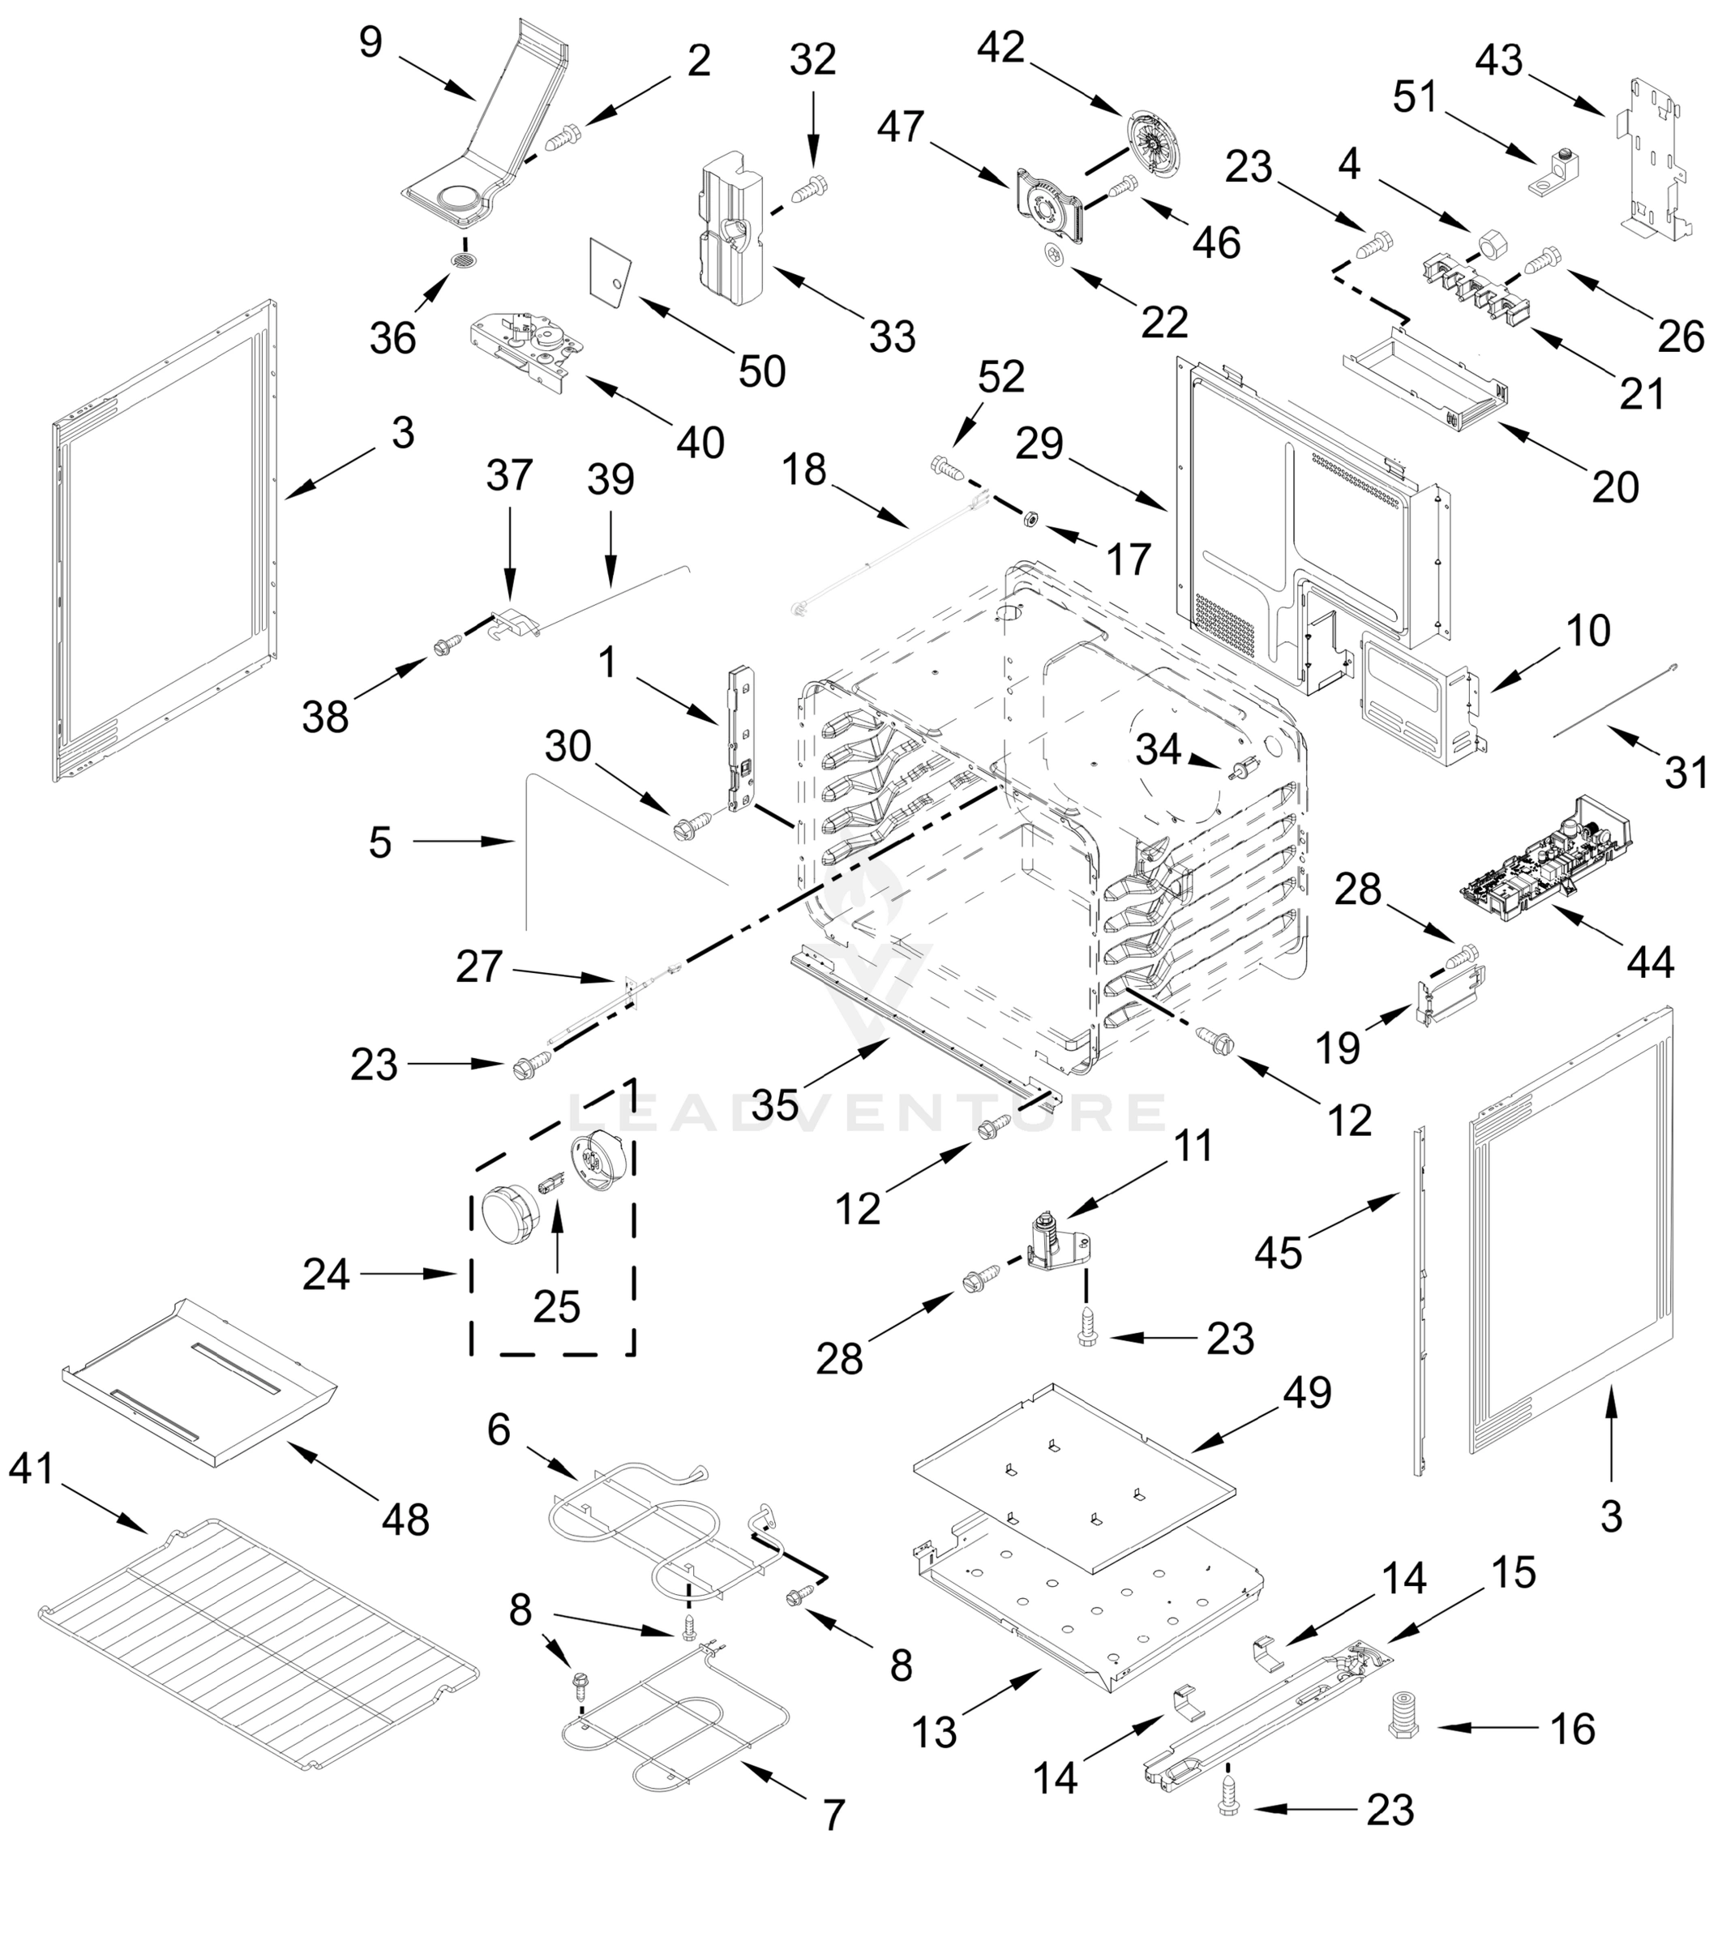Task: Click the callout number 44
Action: click(x=1650, y=963)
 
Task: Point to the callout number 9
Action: click(x=371, y=42)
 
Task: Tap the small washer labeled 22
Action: click(x=1053, y=255)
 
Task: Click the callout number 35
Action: click(x=775, y=1106)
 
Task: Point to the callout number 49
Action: click(x=1308, y=1393)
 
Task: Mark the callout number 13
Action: click(x=934, y=1733)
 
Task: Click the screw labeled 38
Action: click(x=445, y=647)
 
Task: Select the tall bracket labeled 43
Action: click(x=1653, y=157)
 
